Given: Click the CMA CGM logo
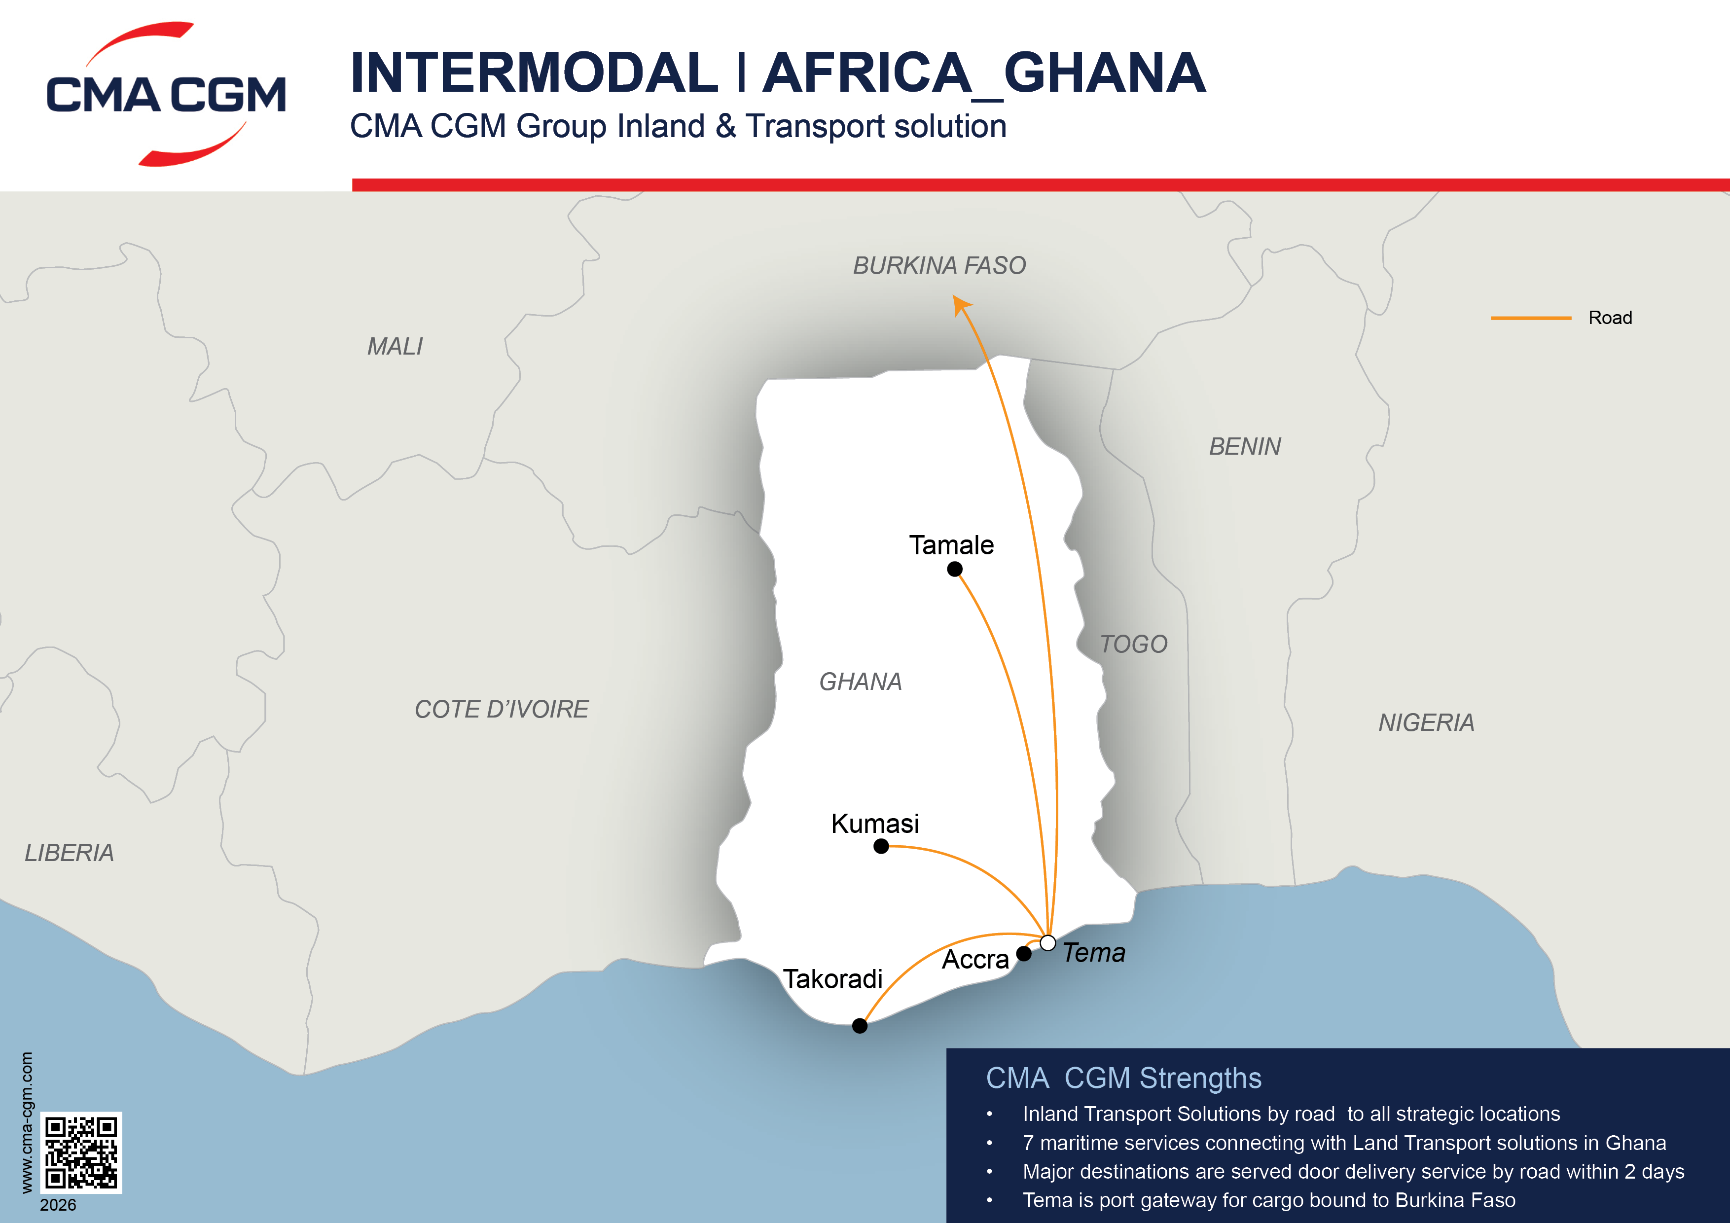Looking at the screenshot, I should coord(166,94).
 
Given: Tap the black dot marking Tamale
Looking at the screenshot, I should coord(955,570).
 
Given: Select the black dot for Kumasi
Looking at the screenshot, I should coord(881,846).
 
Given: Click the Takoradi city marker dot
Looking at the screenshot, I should coord(860,1026).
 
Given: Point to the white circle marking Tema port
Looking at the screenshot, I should coord(1047,943).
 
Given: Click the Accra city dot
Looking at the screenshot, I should coord(1024,954).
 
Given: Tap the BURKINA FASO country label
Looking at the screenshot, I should coord(939,265).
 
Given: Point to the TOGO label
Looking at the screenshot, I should coord(1133,644).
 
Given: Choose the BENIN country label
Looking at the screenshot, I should coord(1245,446).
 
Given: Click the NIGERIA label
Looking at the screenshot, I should coord(1426,722).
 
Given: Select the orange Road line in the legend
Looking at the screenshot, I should coord(1530,318).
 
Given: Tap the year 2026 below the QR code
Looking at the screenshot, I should coord(58,1205).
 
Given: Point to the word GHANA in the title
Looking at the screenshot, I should coord(1105,73).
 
